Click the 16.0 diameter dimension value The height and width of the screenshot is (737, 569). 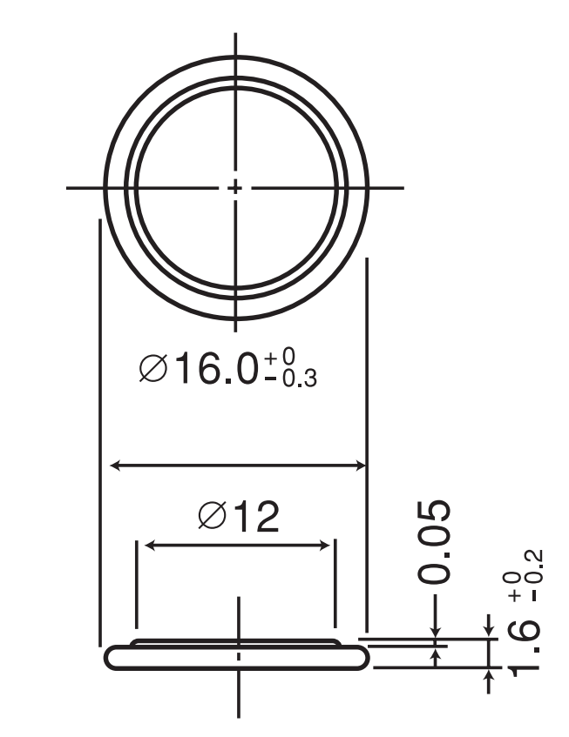coord(217,368)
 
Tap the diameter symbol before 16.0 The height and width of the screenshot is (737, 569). coord(153,368)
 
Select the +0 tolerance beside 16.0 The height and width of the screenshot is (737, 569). coord(280,358)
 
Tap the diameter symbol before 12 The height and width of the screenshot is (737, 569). coord(213,516)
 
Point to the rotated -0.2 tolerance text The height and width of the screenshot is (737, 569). coord(536,575)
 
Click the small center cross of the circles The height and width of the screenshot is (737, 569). coord(234,188)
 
